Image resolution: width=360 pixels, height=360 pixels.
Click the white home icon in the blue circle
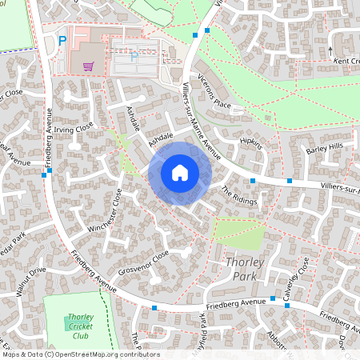click(180, 173)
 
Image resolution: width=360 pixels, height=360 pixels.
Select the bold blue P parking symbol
click(62, 41)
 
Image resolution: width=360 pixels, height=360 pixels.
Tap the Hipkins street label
click(251, 144)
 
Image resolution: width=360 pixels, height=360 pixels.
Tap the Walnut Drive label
click(33, 283)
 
